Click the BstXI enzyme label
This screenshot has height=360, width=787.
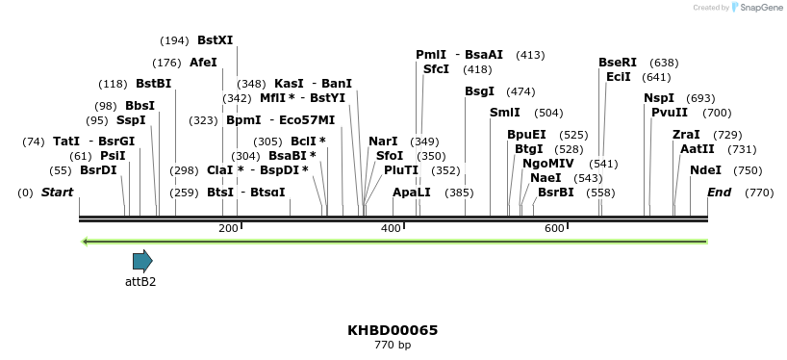coord(215,40)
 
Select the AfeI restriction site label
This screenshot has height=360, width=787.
coord(203,63)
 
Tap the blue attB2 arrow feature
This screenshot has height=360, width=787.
coord(142,260)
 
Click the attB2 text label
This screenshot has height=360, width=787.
coord(140,282)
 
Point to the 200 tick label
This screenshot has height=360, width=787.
coord(228,228)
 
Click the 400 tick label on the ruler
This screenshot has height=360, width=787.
coord(391,228)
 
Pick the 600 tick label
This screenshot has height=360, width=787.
coord(554,228)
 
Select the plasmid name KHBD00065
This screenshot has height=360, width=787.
coord(393,330)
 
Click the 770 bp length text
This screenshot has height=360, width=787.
coord(393,345)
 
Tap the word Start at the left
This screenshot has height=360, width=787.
coord(57,193)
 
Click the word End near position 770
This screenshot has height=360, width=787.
coord(719,193)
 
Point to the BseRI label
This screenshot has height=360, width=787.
coord(618,63)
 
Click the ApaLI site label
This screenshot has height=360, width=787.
coord(412,193)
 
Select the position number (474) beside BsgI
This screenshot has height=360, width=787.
coord(520,91)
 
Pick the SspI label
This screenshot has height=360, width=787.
coord(131,120)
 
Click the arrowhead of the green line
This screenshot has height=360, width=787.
coord(86,241)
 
